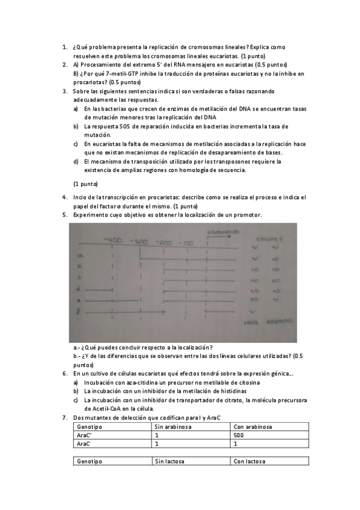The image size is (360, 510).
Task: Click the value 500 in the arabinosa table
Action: (238, 435)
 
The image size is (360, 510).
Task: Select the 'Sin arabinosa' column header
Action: (172, 426)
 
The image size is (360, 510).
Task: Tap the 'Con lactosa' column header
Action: (249, 461)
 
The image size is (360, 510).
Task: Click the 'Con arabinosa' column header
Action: (252, 426)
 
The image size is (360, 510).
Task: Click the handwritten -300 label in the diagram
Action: (141, 241)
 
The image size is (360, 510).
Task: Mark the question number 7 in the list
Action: (64, 417)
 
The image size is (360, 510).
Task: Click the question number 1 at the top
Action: (64, 47)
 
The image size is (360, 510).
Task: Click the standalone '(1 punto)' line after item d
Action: (85, 183)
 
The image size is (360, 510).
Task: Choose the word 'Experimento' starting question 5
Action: (90, 215)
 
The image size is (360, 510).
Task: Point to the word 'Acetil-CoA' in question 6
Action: (109, 408)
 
